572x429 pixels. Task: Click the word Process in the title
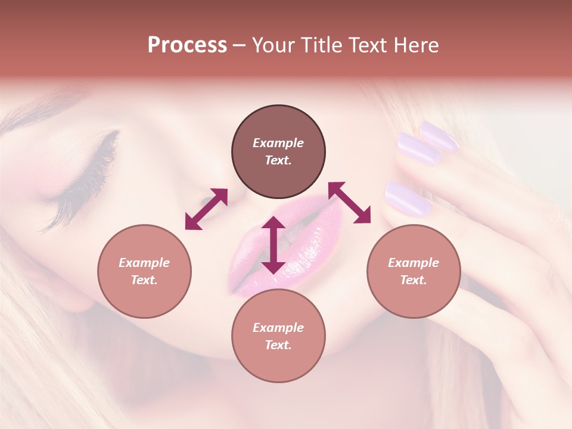click(187, 45)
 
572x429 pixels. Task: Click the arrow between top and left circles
click(206, 209)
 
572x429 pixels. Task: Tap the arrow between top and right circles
click(349, 203)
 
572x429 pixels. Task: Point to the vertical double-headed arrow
click(273, 245)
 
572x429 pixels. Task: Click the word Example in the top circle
click(278, 143)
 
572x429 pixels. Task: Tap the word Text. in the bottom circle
click(278, 345)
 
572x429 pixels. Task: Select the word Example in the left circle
click(144, 263)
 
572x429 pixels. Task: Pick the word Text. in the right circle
click(414, 280)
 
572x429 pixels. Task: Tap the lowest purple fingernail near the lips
click(408, 198)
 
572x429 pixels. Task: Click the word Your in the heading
click(269, 45)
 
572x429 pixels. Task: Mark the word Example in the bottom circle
click(278, 328)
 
